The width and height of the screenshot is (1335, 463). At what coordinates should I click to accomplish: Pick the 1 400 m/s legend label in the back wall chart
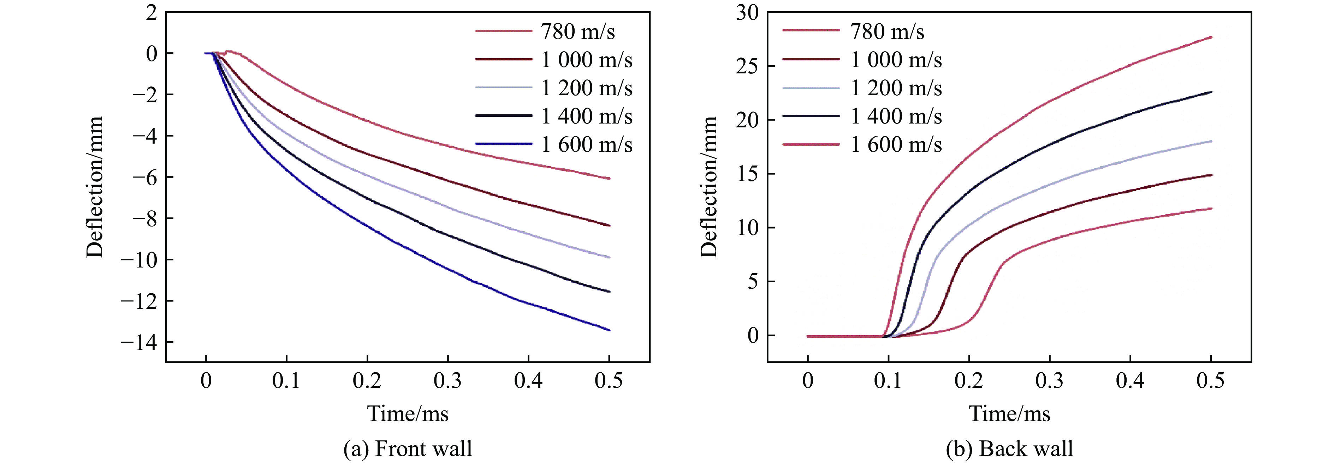tap(896, 116)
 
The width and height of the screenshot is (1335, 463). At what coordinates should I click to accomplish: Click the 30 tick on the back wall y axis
tap(747, 13)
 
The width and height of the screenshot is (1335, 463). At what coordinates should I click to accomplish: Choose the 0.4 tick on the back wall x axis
tap(1130, 381)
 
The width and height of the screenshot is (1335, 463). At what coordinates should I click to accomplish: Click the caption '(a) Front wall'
tap(408, 449)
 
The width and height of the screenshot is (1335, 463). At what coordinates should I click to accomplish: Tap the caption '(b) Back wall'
tap(1009, 449)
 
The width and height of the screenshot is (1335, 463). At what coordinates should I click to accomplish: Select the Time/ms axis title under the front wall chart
tap(408, 413)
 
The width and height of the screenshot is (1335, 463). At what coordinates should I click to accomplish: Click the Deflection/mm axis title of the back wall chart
tap(708, 186)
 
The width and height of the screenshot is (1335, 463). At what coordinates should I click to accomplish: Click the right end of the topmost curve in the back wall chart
tap(1211, 37)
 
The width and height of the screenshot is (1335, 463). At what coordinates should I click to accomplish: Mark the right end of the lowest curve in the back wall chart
tap(1211, 209)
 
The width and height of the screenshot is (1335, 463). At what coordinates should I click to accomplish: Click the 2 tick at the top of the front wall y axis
tap(151, 13)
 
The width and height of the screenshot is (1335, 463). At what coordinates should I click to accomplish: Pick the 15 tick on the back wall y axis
tap(747, 174)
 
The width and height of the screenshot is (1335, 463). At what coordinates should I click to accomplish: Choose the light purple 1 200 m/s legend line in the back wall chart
tap(811, 89)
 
